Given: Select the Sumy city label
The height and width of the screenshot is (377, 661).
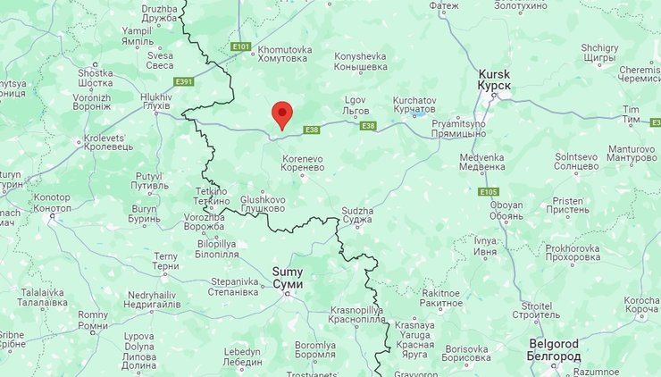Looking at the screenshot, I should tap(287, 277).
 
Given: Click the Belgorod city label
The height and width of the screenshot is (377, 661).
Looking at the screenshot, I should tap(554, 349).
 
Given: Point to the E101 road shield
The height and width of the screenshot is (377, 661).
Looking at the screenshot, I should tap(239, 46).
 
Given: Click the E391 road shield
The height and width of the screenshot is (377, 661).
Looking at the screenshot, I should tap(184, 81).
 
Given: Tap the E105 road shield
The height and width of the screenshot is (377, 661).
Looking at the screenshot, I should tap(488, 192).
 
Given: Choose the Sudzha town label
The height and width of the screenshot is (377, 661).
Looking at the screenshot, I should tap(356, 216).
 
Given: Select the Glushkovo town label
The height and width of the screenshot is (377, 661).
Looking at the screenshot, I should tap(263, 204).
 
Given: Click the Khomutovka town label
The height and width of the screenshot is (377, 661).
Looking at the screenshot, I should tap(284, 54).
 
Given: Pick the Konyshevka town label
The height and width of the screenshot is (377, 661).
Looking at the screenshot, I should tap(360, 62).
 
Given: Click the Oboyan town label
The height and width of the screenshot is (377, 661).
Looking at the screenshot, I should tap(506, 210).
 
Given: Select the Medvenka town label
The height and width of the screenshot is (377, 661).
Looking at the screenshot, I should tap(482, 162).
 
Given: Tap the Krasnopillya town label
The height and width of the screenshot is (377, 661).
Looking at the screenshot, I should tap(356, 314).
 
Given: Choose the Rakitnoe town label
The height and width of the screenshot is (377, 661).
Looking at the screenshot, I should tap(442, 297).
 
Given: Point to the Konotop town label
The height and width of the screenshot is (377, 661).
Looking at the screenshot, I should tap(52, 202).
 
